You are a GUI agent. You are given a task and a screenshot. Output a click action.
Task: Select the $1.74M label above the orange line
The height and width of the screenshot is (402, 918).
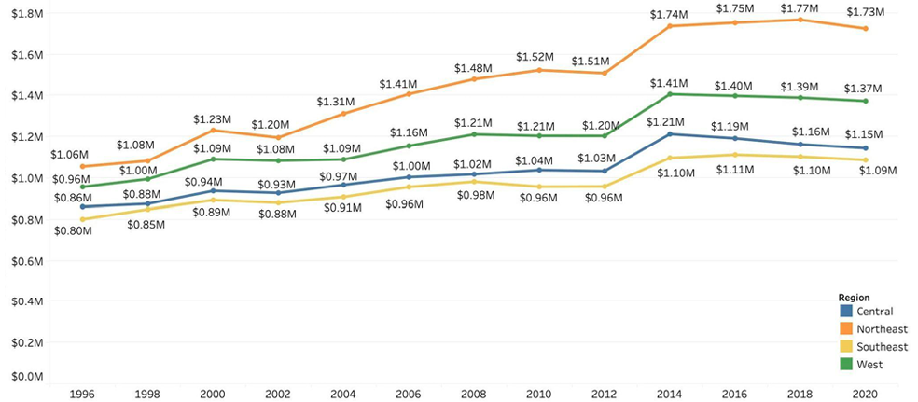click(669, 14)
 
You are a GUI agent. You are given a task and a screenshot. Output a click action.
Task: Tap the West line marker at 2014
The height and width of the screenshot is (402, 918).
click(668, 94)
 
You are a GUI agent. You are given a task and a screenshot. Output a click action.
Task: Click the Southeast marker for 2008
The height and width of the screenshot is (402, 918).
click(473, 182)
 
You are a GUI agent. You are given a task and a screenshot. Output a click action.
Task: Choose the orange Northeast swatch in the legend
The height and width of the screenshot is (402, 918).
click(846, 328)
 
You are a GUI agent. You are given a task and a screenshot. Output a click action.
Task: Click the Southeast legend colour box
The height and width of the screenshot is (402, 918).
click(846, 346)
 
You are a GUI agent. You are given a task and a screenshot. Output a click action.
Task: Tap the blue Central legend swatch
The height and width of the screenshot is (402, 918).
click(846, 311)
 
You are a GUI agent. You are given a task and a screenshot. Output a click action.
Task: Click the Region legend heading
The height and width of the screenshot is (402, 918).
click(855, 298)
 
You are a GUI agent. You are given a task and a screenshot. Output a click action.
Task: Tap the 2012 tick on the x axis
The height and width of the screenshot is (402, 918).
click(604, 393)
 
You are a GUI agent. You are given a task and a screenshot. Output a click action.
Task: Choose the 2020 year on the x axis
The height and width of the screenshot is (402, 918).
click(863, 393)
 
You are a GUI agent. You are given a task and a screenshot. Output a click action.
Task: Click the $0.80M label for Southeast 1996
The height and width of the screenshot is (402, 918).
click(73, 230)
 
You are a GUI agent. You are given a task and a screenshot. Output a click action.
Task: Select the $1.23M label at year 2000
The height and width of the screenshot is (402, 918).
click(212, 118)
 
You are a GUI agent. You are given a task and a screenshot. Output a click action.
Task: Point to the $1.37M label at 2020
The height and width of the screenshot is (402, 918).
click(863, 89)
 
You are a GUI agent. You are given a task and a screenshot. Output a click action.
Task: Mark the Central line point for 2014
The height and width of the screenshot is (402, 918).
click(668, 134)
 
